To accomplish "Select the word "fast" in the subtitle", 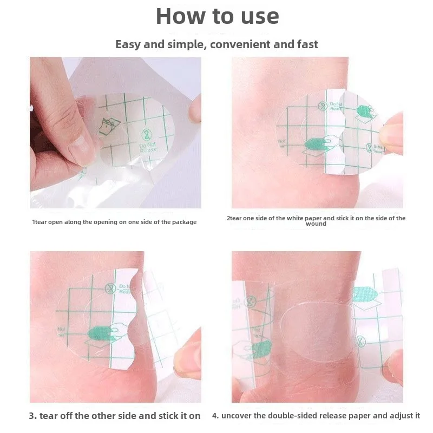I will pyautogui.click(x=306, y=44).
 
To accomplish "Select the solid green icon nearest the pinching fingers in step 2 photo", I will pyautogui.click(x=364, y=111).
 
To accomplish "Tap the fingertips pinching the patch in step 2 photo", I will pyautogui.click(x=391, y=133).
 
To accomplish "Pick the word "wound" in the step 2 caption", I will pyautogui.click(x=316, y=224).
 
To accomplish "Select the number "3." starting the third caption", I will pyautogui.click(x=33, y=416).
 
